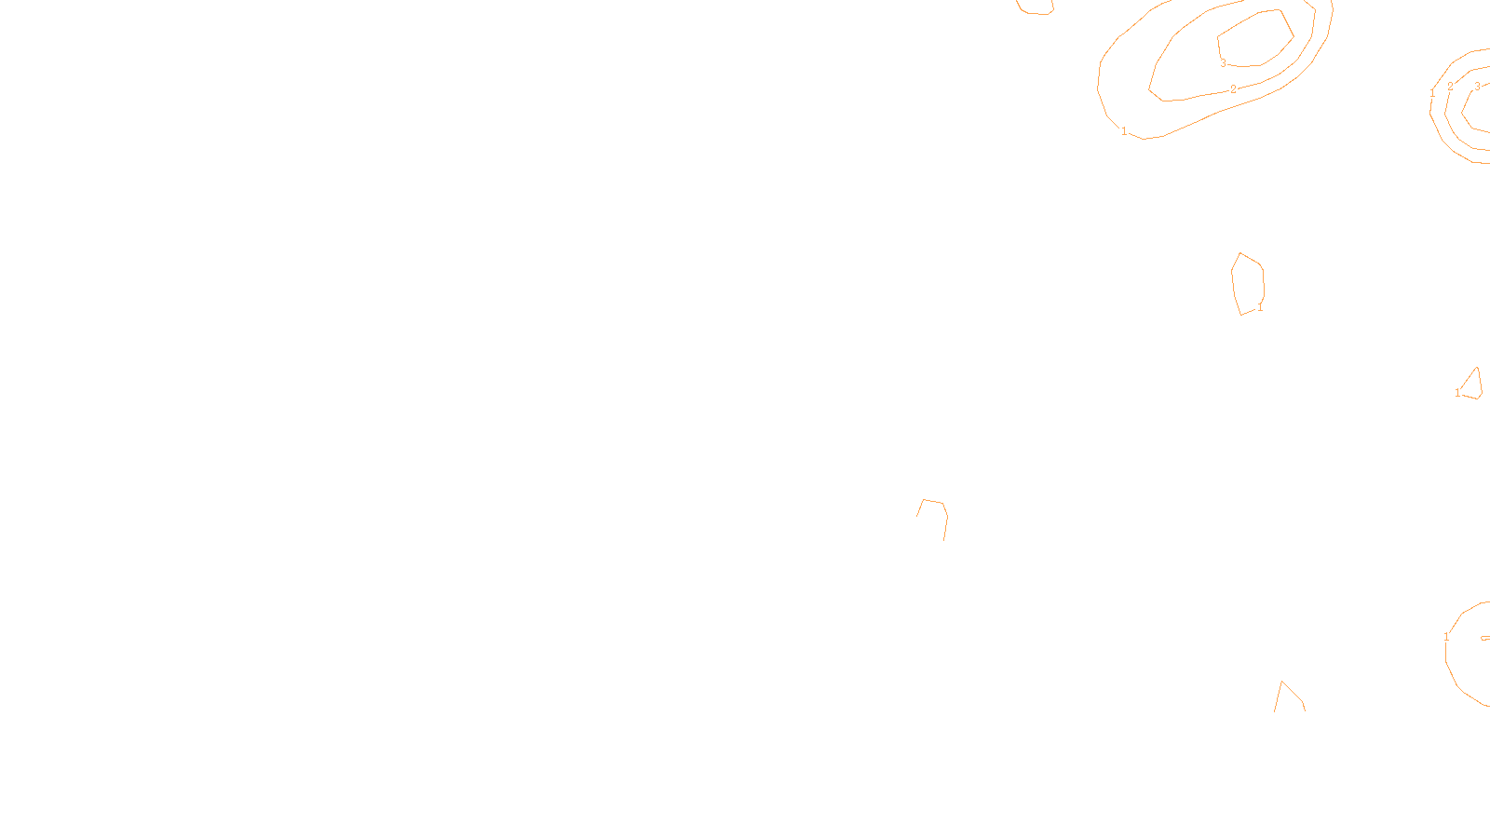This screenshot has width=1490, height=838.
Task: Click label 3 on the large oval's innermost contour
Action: pos(1223,63)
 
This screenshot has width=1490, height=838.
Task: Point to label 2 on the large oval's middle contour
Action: pos(1233,89)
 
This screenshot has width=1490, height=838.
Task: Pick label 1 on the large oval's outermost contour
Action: pos(1124,131)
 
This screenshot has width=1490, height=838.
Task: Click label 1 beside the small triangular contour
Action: pos(1457,393)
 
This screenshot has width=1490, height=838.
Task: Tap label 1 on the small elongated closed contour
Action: pos(1260,307)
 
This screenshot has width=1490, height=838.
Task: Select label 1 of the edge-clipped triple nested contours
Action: pos(1432,93)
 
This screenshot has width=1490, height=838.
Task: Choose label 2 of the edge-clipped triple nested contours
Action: pos(1450,87)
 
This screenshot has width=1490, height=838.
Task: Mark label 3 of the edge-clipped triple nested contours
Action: pos(1477,87)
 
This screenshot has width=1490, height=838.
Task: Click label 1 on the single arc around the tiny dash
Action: pos(1446,637)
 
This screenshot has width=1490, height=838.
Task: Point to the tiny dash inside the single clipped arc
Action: pos(1484,638)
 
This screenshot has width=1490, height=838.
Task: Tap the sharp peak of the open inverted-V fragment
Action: pos(1282,682)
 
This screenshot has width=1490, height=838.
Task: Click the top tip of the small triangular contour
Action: pos(1476,368)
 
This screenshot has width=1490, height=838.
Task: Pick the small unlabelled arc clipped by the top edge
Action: pos(1034,11)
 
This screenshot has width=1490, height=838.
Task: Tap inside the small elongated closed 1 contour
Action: pos(1248,282)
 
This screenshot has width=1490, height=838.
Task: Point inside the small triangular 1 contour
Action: pos(1473,386)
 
